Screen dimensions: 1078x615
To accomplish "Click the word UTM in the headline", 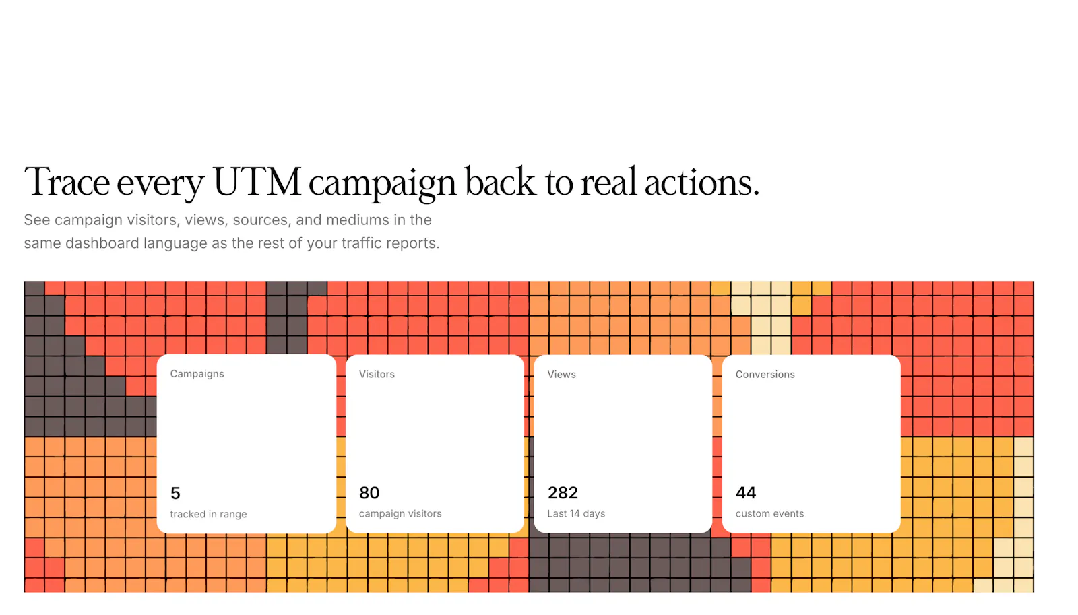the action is (257, 183).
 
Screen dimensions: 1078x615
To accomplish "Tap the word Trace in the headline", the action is (67, 183).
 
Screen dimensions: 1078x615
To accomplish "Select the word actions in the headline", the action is (701, 183).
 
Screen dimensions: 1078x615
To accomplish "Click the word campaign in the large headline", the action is (382, 185).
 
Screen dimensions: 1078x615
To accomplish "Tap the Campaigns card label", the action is (197, 374).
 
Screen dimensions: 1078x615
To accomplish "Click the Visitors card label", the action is (377, 374).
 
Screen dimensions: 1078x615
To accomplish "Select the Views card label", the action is (562, 374).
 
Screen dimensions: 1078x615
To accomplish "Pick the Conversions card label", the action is (765, 374).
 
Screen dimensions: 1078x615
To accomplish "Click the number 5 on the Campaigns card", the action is (175, 493).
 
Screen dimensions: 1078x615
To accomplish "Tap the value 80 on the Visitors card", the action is (369, 493).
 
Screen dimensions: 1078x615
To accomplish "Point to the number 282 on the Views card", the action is (563, 493).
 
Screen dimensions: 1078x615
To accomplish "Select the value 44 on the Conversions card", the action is (746, 493).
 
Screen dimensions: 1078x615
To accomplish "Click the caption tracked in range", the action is (208, 514).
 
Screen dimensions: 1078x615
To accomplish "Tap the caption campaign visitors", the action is (400, 513).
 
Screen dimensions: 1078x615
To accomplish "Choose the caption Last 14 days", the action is (576, 513).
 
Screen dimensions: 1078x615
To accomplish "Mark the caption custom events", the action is (769, 513).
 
